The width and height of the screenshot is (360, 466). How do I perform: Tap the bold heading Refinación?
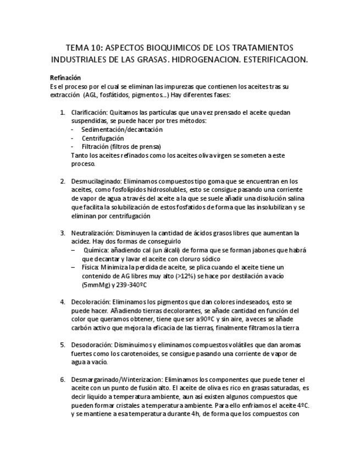pos(65,78)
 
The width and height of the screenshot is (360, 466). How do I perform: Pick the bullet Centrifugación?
pos(103,138)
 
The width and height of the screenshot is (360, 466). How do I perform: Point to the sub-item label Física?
pos(90,267)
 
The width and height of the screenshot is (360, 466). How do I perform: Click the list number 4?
pos(62,302)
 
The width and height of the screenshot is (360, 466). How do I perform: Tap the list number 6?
pos(62,380)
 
